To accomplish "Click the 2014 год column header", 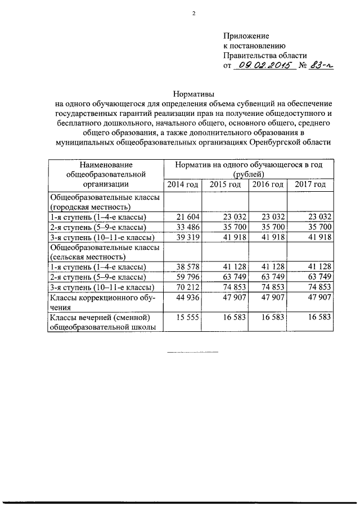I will (x=181, y=185).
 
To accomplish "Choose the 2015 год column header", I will (x=225, y=185).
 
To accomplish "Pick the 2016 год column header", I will (x=268, y=185).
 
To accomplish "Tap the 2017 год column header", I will (x=310, y=185).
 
